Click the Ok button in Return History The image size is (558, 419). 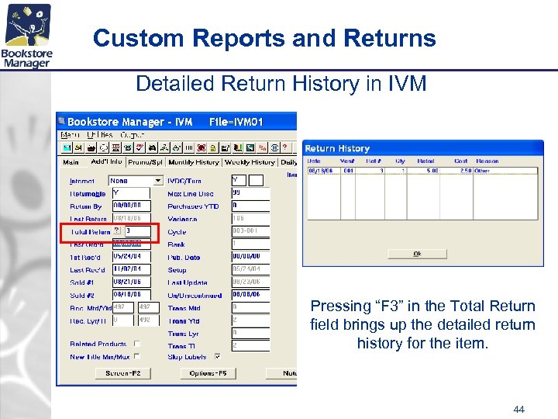[417, 254]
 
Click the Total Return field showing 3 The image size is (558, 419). [140, 231]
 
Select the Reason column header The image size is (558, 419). [488, 161]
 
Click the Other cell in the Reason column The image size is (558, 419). [482, 169]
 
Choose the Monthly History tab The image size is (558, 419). [194, 162]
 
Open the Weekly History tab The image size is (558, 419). [250, 162]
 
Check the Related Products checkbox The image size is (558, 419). [137, 344]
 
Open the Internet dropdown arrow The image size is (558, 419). [159, 181]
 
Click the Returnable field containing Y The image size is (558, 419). [135, 193]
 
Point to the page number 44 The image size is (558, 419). [518, 409]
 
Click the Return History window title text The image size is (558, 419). [337, 148]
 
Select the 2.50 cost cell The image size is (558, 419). [463, 169]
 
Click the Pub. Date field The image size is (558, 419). [250, 257]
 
